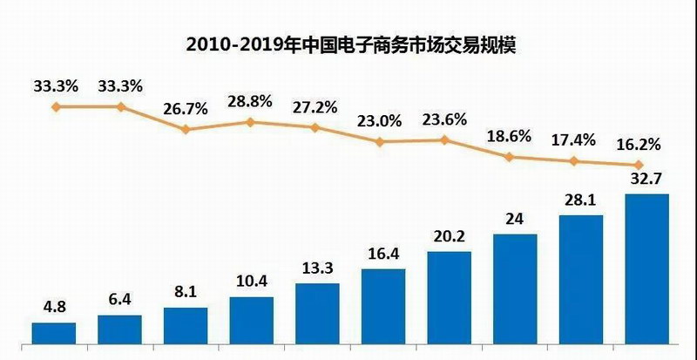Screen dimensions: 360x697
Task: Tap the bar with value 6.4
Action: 119,330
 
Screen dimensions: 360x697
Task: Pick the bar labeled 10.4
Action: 251,321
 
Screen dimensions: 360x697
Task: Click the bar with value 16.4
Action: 382,307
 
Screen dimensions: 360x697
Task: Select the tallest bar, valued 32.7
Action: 646,269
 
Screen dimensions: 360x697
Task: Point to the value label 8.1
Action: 186,291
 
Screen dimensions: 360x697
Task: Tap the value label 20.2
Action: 449,236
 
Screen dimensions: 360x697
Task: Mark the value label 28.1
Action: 580,200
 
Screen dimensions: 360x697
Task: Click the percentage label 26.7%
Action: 185,110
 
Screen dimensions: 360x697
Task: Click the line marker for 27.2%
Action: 315,127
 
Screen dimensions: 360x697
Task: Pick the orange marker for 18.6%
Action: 511,157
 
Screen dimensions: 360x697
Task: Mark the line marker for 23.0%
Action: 380,141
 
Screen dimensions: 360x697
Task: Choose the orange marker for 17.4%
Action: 575,161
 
